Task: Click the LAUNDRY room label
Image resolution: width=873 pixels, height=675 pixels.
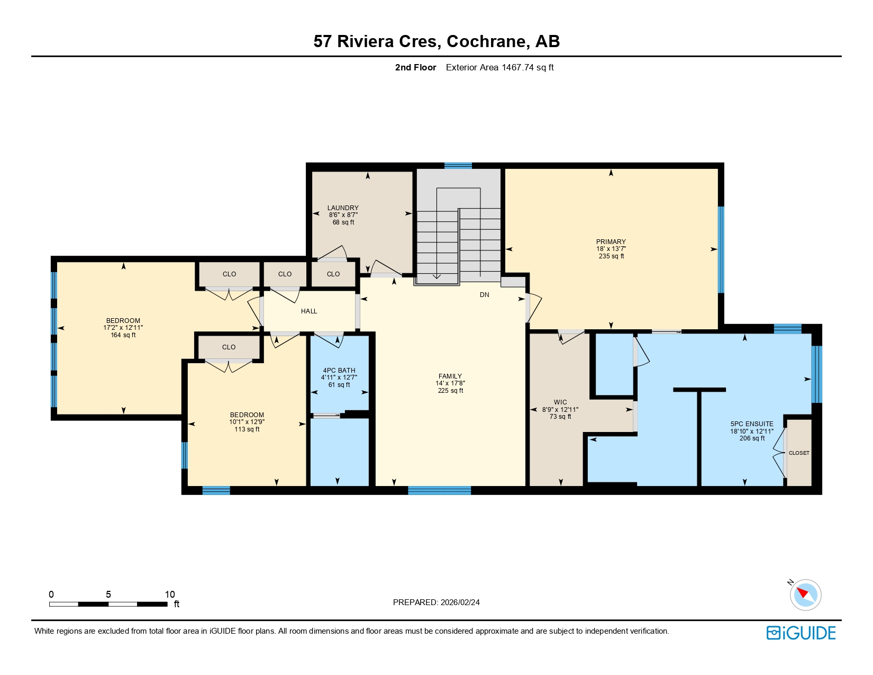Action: point(343,208)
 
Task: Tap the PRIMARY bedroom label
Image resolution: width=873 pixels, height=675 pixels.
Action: point(611,242)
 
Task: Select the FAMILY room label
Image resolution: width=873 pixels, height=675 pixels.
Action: point(450,376)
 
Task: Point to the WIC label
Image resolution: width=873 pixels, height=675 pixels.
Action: point(560,402)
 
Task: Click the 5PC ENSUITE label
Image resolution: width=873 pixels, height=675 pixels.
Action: point(751,424)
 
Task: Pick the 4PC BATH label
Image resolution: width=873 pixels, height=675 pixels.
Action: point(339,371)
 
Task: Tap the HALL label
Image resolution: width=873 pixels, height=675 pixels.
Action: point(309,311)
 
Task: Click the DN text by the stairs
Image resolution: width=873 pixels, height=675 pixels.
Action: point(484,295)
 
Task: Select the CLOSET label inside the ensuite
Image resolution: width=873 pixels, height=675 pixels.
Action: point(798,453)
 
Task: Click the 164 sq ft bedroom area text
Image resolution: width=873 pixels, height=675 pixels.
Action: point(123,335)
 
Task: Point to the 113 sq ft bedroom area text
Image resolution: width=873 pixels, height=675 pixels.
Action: point(247,429)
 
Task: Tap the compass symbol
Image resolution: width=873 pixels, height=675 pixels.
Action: point(805,595)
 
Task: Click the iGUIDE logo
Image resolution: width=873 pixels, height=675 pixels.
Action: point(801,633)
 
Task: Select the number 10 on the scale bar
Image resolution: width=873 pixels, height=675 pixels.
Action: point(169,595)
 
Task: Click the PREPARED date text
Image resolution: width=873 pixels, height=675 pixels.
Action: point(436,602)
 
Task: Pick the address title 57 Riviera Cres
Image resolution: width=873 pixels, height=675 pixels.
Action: point(436,41)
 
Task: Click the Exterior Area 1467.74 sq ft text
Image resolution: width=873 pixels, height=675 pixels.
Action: point(499,68)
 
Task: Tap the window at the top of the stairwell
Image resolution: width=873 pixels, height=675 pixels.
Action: point(458,166)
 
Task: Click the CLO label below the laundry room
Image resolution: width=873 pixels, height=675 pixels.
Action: point(333,274)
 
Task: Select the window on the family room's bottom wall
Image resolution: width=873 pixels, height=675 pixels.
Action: point(439,491)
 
